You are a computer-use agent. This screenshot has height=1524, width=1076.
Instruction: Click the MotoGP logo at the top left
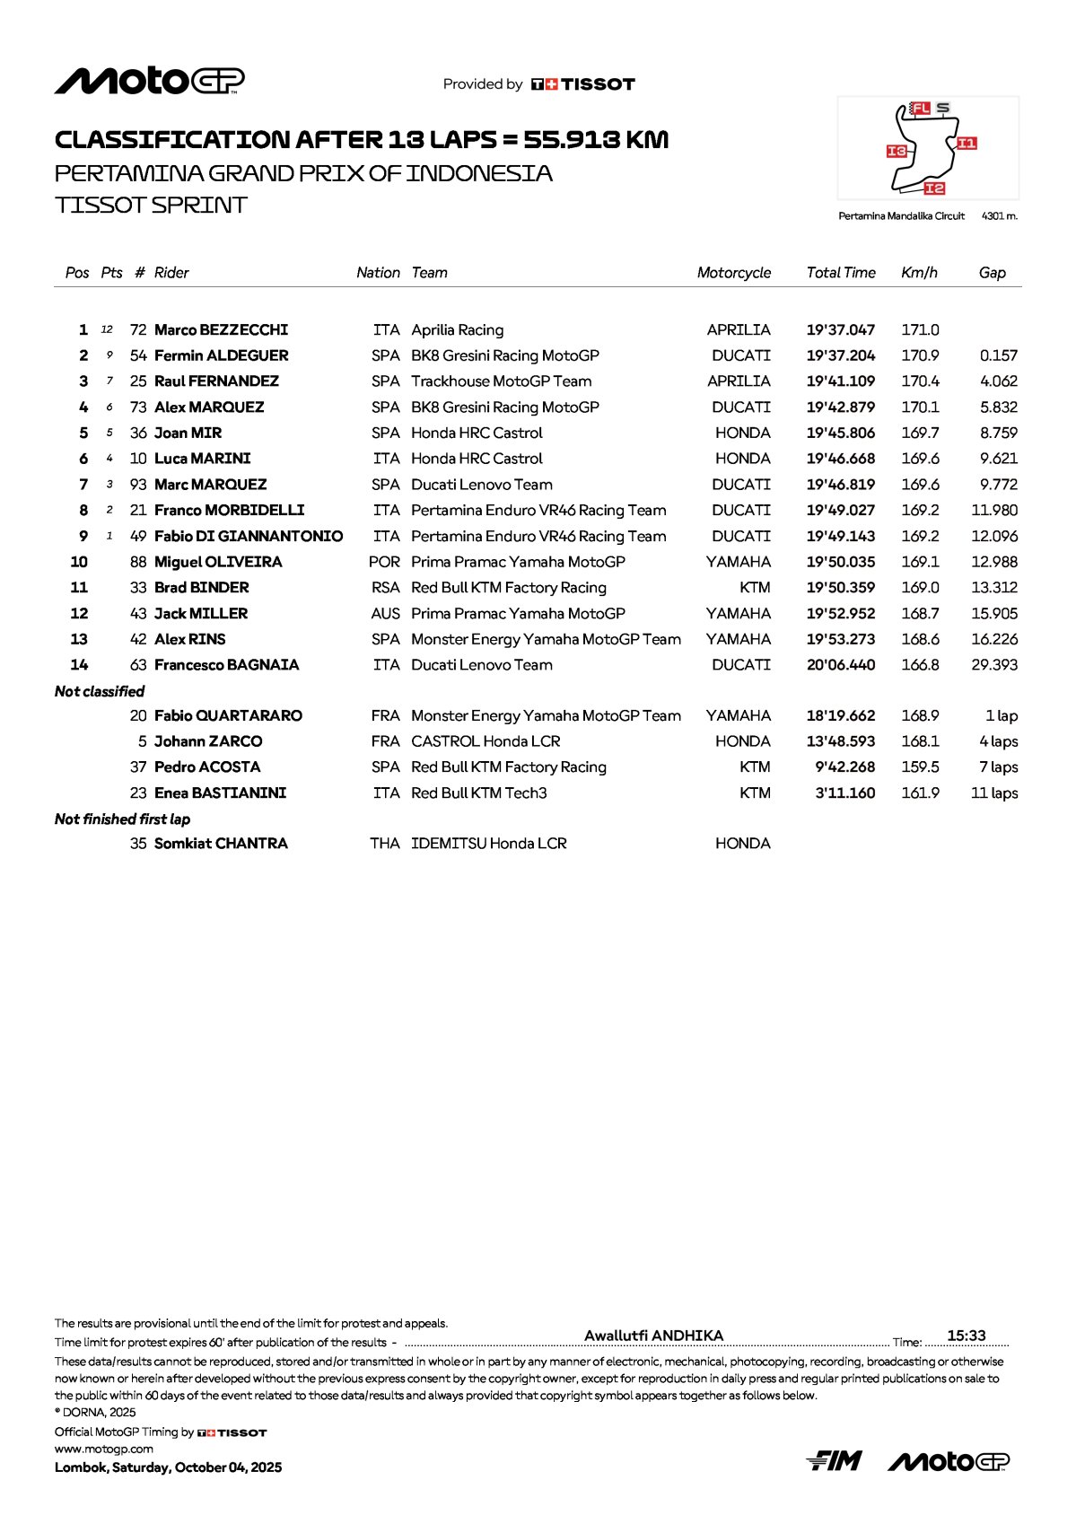[x=149, y=82]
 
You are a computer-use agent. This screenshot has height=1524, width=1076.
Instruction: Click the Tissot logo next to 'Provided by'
[x=583, y=84]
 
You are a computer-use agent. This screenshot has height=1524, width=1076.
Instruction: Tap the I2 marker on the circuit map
[x=934, y=188]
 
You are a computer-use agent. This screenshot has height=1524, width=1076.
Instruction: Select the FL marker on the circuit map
[x=920, y=109]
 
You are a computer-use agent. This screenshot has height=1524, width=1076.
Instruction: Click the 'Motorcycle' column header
[x=733, y=273]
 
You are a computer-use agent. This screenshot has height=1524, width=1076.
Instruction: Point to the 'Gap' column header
[x=992, y=273]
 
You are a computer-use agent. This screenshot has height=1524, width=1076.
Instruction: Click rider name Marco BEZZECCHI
[x=221, y=330]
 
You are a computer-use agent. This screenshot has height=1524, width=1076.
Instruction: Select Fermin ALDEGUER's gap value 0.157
[x=998, y=356]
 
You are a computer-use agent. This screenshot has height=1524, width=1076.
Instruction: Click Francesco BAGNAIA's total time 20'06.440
[x=840, y=665]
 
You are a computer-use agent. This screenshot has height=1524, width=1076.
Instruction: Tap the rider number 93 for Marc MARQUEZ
[x=138, y=485]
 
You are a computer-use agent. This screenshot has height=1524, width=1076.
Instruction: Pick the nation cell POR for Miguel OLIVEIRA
[x=384, y=562]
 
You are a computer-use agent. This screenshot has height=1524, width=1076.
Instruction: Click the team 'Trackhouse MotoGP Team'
[x=501, y=381]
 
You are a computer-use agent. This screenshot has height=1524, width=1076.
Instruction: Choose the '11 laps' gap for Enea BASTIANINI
[x=993, y=793]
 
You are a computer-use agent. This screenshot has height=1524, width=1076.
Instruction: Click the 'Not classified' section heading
[x=100, y=691]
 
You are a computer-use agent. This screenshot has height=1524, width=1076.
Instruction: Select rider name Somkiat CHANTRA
[x=221, y=844]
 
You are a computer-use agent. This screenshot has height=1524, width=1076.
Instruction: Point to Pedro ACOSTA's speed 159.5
[x=920, y=767]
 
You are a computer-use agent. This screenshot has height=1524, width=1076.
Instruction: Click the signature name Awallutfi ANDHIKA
[x=653, y=1336]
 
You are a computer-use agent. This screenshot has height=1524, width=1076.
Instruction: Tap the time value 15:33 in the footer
[x=966, y=1336]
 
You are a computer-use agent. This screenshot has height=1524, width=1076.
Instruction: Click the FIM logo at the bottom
[x=834, y=1461]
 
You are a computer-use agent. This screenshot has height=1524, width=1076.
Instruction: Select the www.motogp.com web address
[x=104, y=1449]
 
